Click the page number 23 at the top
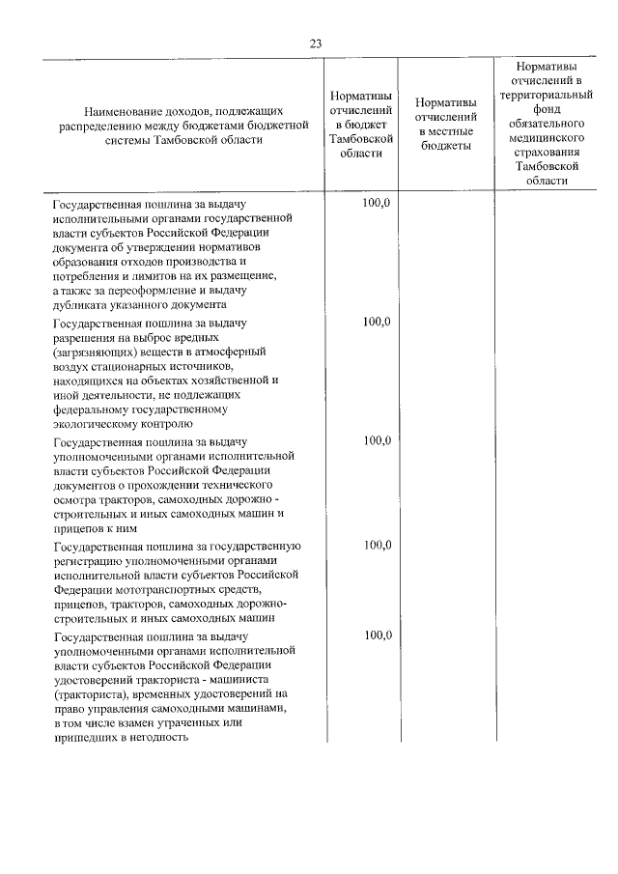[x=316, y=43]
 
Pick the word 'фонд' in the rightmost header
[x=547, y=110]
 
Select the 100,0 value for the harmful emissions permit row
[x=377, y=322]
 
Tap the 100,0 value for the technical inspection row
[x=377, y=440]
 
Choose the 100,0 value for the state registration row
[x=377, y=545]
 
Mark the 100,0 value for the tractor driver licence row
[x=377, y=634]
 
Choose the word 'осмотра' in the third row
[x=74, y=499]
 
